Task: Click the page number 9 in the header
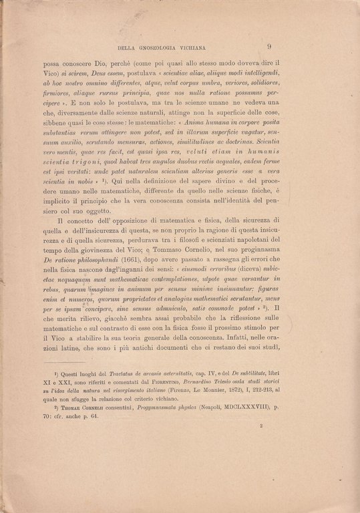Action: click(268, 46)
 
